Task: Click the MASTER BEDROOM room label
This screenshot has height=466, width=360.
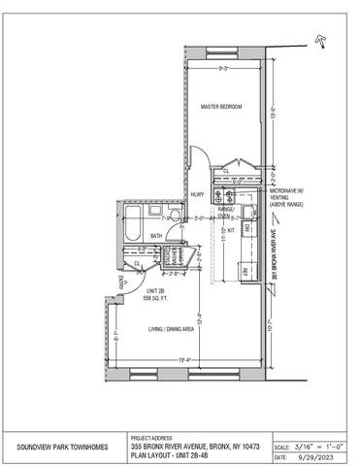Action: (x=220, y=106)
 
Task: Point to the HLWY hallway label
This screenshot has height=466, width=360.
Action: (x=197, y=194)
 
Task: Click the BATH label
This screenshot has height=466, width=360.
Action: (x=156, y=236)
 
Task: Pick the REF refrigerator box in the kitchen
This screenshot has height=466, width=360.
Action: (x=245, y=272)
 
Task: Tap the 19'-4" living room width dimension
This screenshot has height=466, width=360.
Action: (x=183, y=362)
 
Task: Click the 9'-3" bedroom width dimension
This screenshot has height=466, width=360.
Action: (x=223, y=67)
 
